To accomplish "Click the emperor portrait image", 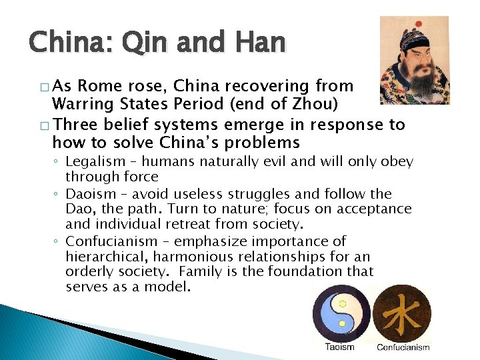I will (414, 60).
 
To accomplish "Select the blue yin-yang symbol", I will (341, 314).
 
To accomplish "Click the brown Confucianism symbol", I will (402, 314).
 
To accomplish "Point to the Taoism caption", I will (340, 347).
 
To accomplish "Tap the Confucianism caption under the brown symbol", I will (402, 347).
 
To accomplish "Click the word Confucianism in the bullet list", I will (108, 241).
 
